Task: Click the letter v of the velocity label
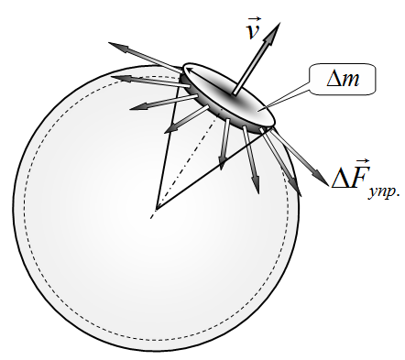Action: click(x=254, y=31)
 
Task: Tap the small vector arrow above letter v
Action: click(x=254, y=20)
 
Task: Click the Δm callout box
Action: click(x=343, y=79)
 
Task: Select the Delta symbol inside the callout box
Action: click(x=334, y=79)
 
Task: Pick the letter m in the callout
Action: click(x=350, y=81)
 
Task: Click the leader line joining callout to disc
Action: click(x=289, y=98)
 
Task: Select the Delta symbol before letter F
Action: click(x=340, y=177)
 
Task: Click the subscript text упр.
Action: click(x=384, y=192)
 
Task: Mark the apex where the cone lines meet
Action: click(x=156, y=210)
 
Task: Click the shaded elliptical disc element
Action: click(x=229, y=95)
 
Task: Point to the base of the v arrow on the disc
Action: click(x=235, y=93)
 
